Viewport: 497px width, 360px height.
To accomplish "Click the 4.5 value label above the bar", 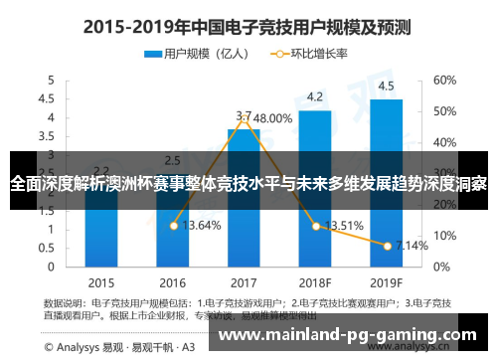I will (386, 85).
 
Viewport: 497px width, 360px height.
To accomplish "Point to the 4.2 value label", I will (314, 96).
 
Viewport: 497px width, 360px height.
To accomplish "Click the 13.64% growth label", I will (202, 226).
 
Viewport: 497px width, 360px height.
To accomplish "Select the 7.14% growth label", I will (412, 245).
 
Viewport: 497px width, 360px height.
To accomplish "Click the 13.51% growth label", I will (344, 225).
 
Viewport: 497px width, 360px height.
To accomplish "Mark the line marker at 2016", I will (172, 226).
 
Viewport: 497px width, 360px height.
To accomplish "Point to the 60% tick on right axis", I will (443, 80).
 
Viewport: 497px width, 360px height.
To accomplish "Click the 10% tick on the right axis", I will (443, 236).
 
